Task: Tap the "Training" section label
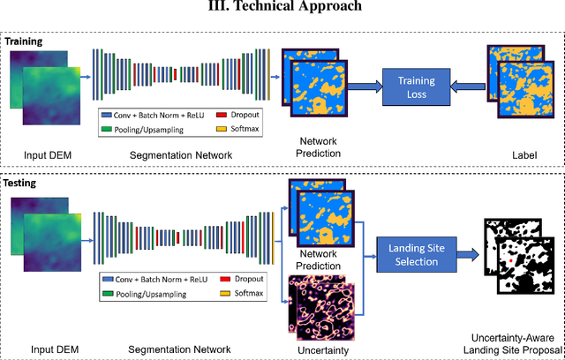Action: (x=24, y=41)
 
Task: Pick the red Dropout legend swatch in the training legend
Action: (x=220, y=115)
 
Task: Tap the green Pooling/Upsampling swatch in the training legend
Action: (x=108, y=129)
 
